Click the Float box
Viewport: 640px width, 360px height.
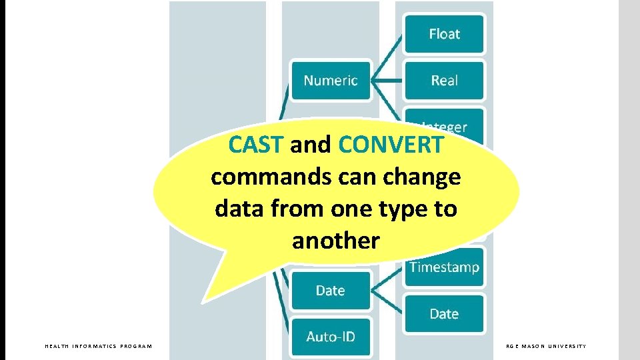[x=444, y=34]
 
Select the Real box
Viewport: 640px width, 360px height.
[x=444, y=81]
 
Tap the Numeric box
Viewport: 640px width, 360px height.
[x=331, y=81]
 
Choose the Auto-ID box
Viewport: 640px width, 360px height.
[x=330, y=337]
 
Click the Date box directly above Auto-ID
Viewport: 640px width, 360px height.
[x=330, y=291]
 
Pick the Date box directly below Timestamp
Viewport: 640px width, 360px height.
[x=444, y=314]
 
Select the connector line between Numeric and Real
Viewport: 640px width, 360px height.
[x=387, y=81]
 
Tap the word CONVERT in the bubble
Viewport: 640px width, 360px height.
[x=391, y=145]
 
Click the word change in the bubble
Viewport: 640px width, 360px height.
[x=427, y=177]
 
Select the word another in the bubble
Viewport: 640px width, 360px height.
[x=335, y=241]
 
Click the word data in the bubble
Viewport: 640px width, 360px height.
[x=236, y=209]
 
